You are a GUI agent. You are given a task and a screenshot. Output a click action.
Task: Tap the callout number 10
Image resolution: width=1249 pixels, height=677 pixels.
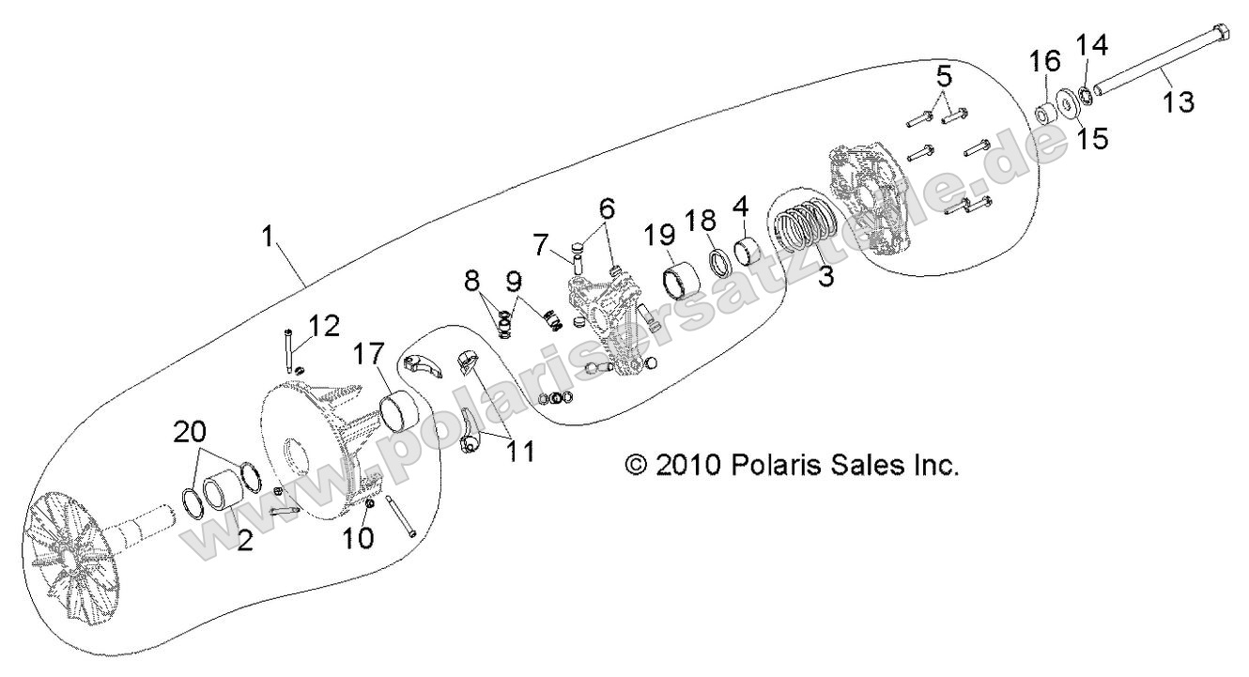pos(361,538)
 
